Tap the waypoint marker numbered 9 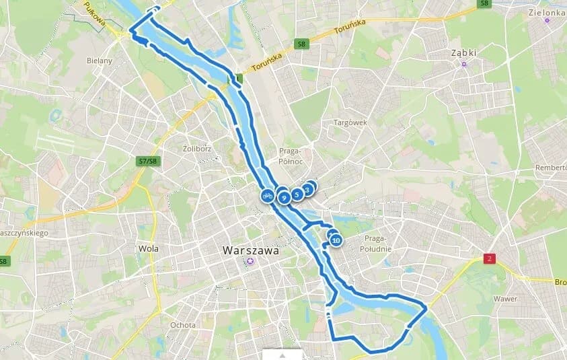pos(284,197)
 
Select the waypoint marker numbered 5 pos(297,194)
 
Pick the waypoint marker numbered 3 pos(307,190)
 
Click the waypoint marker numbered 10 pos(336,240)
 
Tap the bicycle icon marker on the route pos(267,196)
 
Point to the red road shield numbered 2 pos(489,258)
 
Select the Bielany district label pos(99,60)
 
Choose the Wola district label pos(148,248)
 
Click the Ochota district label pos(182,325)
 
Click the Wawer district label pos(504,298)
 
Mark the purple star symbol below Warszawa pos(250,261)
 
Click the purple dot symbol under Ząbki pos(463,65)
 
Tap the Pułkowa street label pos(96,15)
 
